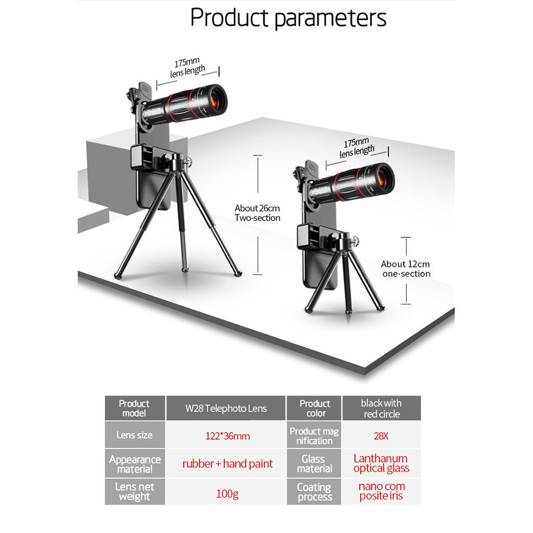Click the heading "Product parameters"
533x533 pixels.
coord(288,18)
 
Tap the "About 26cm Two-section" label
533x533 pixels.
coord(257,213)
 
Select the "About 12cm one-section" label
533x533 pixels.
coord(406,269)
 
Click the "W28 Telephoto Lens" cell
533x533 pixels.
coord(226,409)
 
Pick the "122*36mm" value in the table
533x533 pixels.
coord(226,436)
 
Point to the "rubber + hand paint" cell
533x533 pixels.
coord(227,463)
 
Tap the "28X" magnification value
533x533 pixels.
coord(382,436)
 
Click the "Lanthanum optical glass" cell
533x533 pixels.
coord(382,463)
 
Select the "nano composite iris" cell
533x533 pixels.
coord(382,491)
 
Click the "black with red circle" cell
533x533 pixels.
coord(382,409)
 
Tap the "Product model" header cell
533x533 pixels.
coord(134,409)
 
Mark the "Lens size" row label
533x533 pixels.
coord(134,435)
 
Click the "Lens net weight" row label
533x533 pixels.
coord(134,491)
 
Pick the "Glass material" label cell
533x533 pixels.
coord(314,464)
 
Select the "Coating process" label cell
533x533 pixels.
coord(314,492)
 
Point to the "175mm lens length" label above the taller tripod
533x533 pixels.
coord(188,67)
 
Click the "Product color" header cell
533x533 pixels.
coord(314,409)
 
